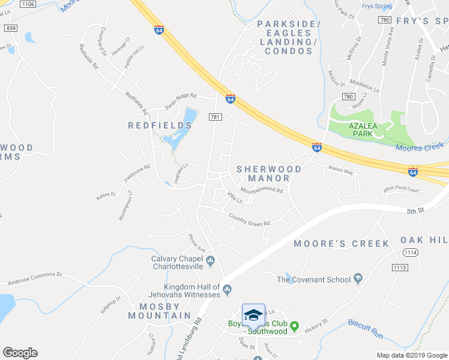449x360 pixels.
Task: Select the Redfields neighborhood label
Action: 160,125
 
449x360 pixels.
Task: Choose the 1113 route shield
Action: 399,267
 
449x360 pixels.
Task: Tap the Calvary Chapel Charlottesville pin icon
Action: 210,260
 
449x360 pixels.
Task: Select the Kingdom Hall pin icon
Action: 227,290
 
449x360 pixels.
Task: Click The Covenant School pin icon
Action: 358,279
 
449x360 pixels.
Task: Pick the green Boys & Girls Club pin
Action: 294,327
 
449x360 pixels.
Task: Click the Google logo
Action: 20,353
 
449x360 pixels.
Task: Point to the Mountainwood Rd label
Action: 262,190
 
